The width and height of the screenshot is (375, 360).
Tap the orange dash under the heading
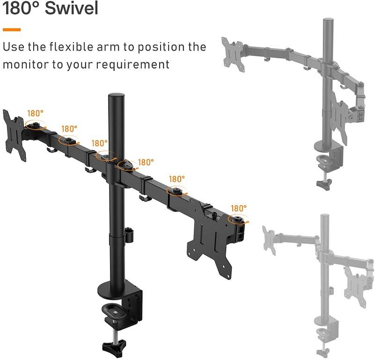pyautogui.click(x=11, y=30)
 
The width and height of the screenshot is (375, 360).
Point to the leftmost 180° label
pyautogui.click(x=35, y=113)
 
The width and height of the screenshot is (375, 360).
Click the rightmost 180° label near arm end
pyautogui.click(x=238, y=208)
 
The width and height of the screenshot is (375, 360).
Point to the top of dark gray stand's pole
pyautogui.click(x=327, y=22)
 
